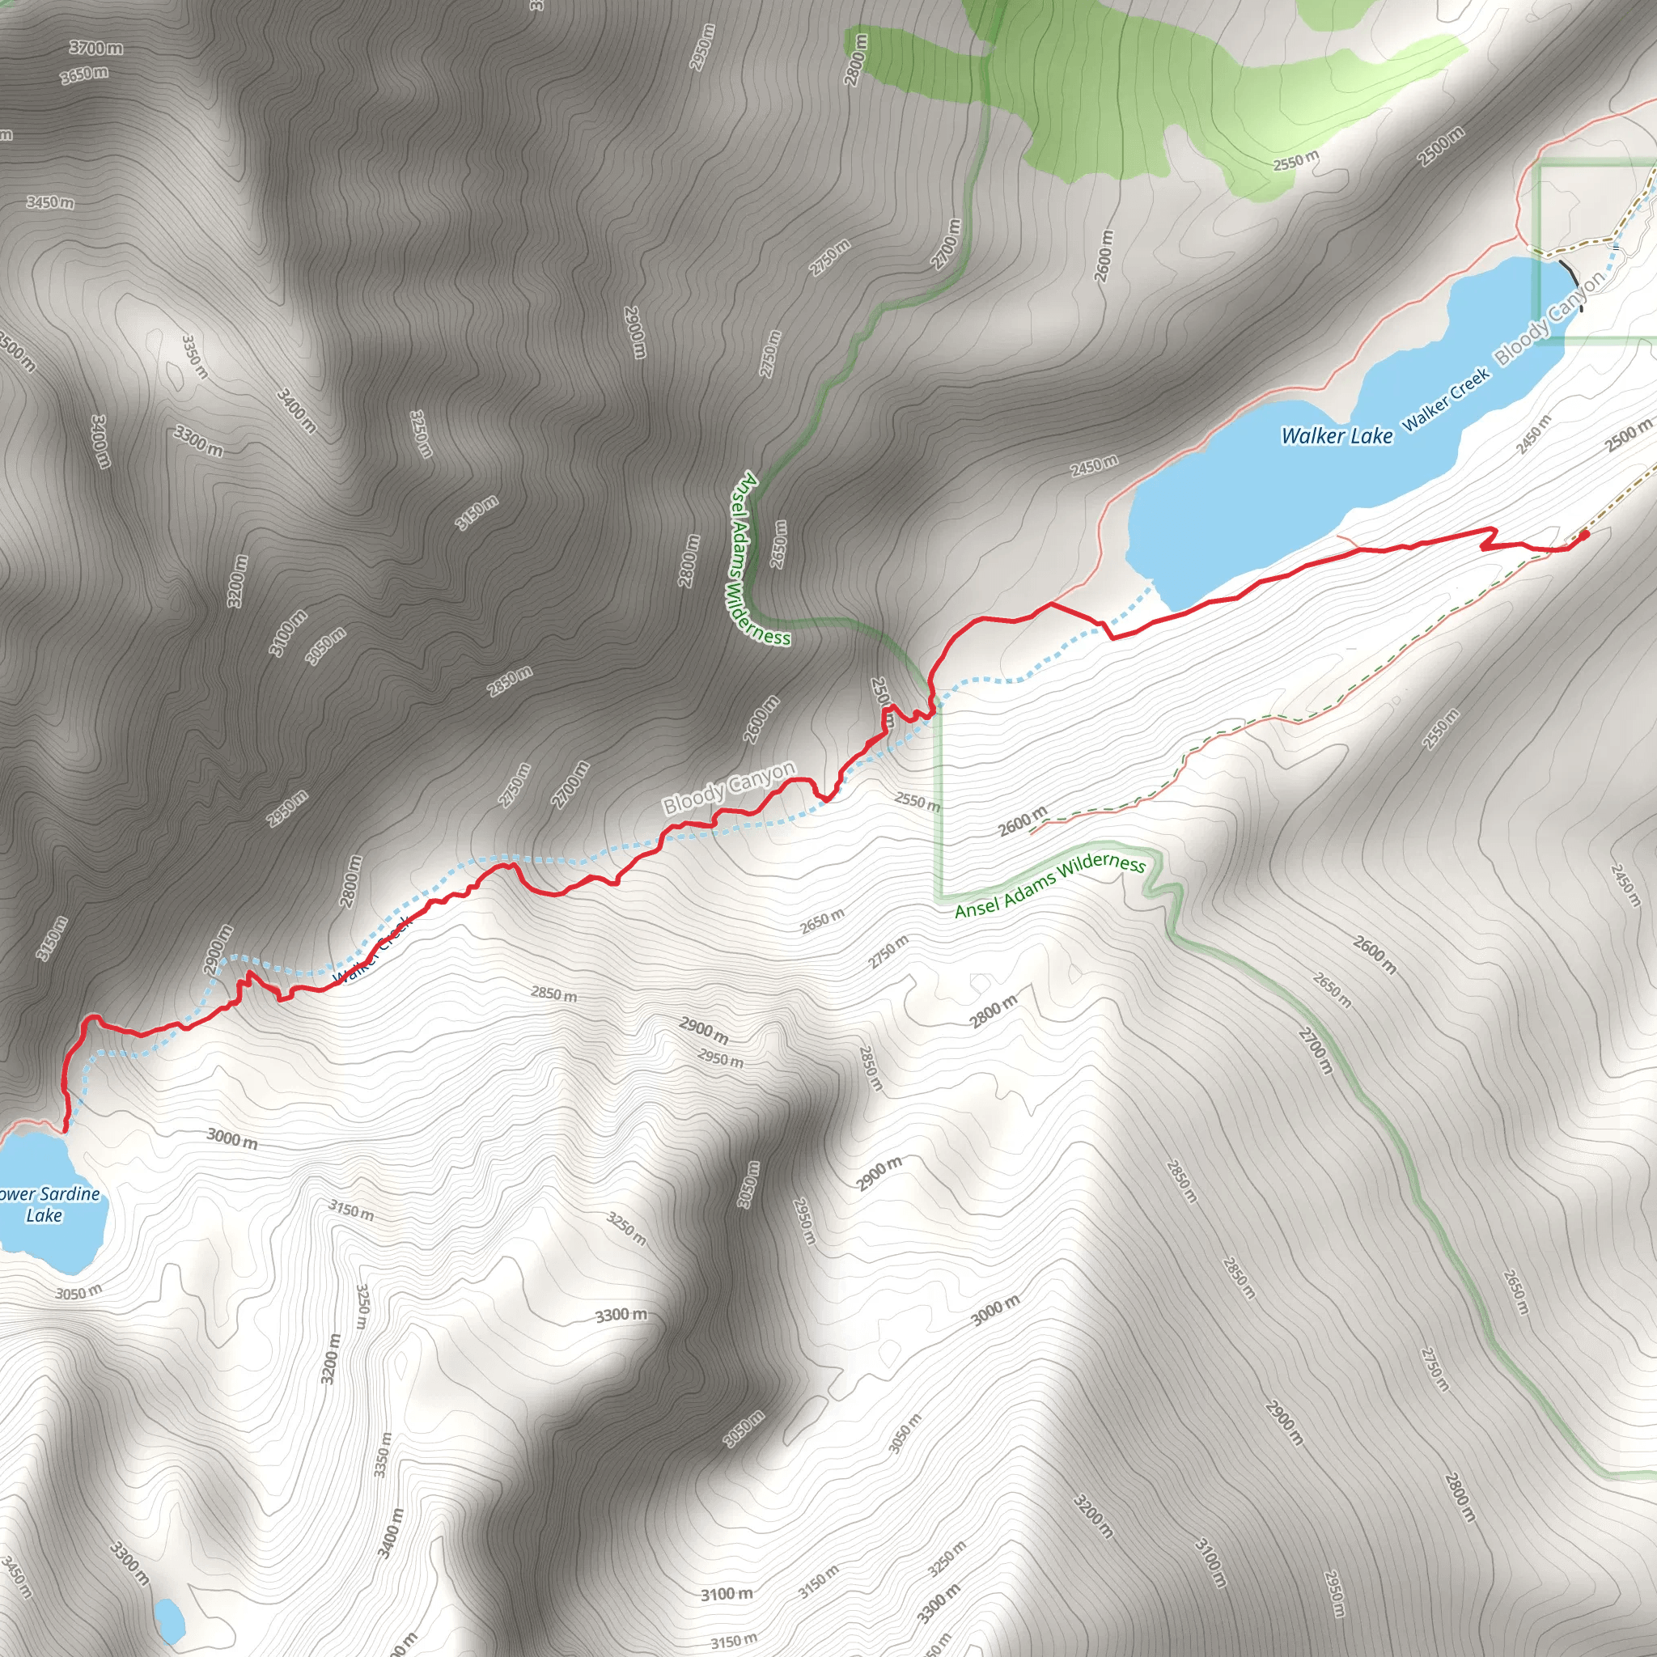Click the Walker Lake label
pyautogui.click(x=1337, y=436)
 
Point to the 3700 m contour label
pyautogui.click(x=96, y=48)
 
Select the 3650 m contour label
pyautogui.click(x=84, y=75)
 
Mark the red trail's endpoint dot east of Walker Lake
pyautogui.click(x=1583, y=534)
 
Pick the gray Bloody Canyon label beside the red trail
pyautogui.click(x=729, y=787)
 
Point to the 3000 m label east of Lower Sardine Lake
pyautogui.click(x=231, y=1138)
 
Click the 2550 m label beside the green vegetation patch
pyautogui.click(x=1295, y=160)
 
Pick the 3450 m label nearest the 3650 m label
pyautogui.click(x=49, y=202)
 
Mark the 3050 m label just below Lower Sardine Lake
pyautogui.click(x=78, y=1291)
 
